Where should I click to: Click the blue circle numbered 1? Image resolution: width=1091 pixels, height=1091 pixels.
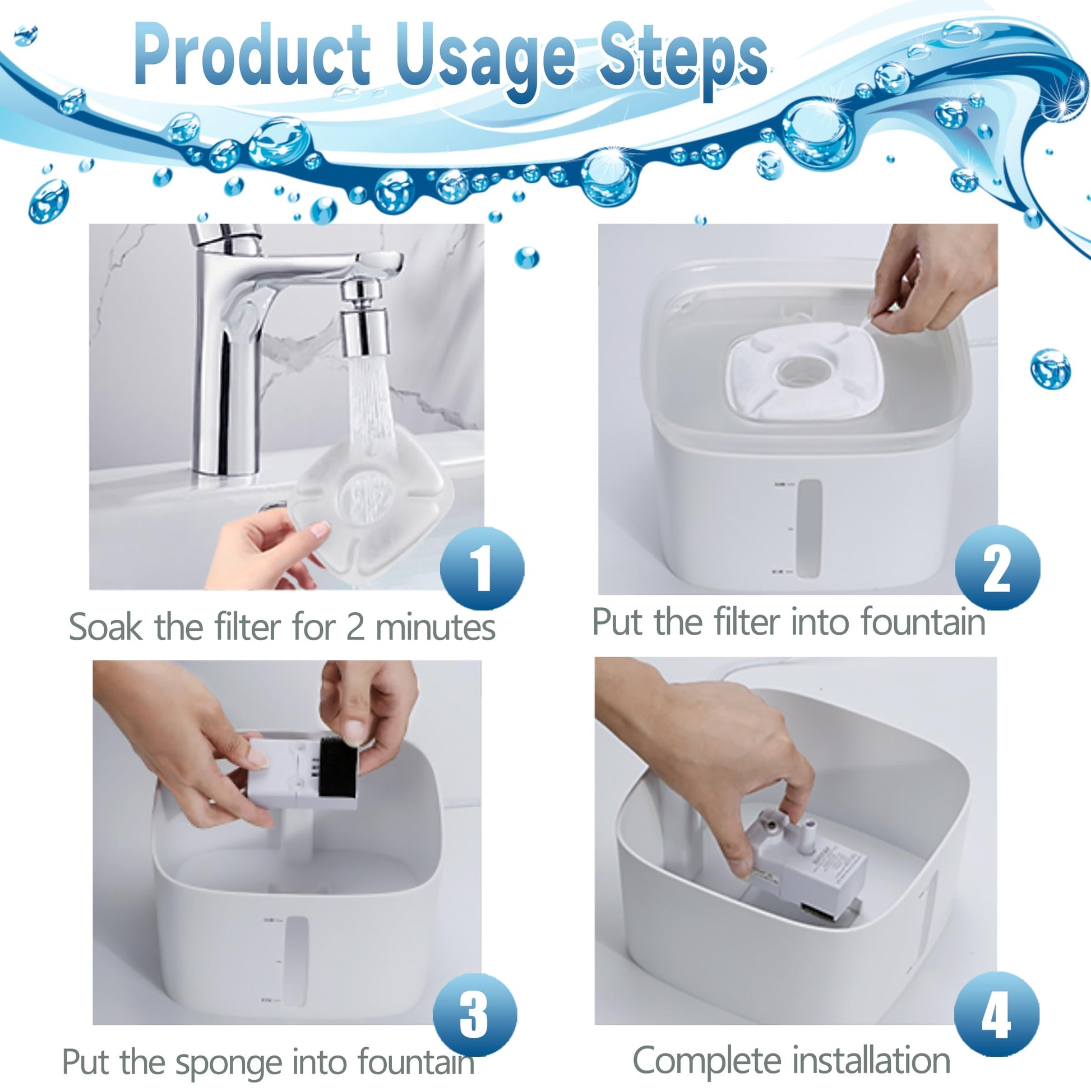pos(482,568)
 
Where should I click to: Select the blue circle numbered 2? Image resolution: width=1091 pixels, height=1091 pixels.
pos(997,568)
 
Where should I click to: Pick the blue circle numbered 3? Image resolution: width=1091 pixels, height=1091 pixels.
pos(474,1015)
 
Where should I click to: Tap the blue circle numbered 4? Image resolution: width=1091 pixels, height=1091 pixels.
pos(996,1014)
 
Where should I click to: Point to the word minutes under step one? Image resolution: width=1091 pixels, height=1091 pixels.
pos(435,627)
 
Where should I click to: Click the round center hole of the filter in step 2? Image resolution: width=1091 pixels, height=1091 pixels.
pos(803,372)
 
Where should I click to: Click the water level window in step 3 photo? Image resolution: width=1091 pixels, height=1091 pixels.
pos(297,960)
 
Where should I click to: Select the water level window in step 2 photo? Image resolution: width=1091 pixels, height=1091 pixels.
pos(808,528)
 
